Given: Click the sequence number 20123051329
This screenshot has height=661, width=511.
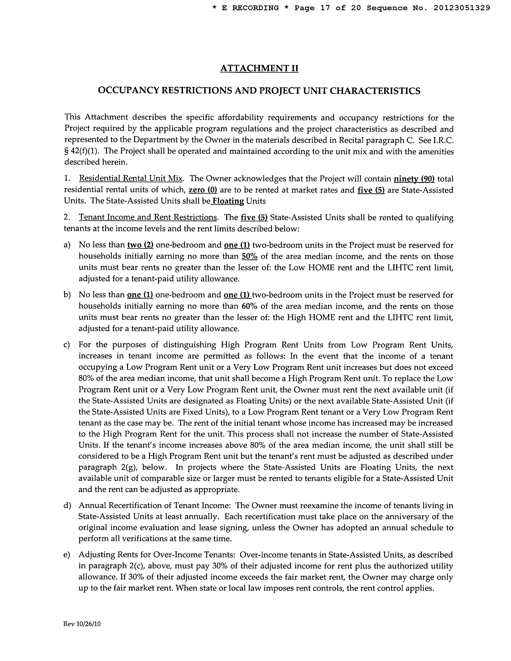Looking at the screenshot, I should click(461, 8).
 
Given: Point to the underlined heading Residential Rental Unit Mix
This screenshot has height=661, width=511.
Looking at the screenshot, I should click(131, 178).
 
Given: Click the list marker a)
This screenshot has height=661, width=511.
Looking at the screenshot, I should click(67, 245).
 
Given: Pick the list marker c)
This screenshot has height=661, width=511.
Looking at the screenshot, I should click(67, 345).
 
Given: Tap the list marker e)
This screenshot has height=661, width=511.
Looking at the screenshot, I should click(67, 555).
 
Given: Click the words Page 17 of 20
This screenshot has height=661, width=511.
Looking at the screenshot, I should click(328, 8).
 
